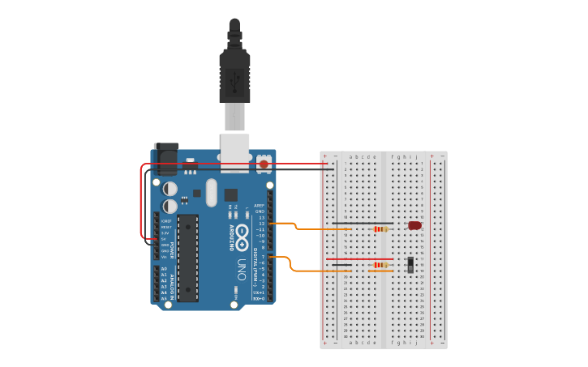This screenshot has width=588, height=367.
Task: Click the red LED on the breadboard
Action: point(414,225)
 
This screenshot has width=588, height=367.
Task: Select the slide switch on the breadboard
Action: point(410,264)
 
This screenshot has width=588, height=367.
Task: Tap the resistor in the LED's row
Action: point(380,229)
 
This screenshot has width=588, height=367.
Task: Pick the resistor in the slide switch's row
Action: point(380,265)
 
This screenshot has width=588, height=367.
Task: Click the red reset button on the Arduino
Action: point(264,164)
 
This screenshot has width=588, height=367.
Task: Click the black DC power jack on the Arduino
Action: point(165,159)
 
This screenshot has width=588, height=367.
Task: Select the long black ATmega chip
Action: point(187,258)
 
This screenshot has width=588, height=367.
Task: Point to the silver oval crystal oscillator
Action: point(212,193)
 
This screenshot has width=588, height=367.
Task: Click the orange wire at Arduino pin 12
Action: point(284,223)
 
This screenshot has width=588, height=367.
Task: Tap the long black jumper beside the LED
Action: point(363,223)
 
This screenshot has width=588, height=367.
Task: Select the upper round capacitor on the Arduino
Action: point(170,189)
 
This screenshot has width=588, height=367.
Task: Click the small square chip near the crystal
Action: point(231,194)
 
